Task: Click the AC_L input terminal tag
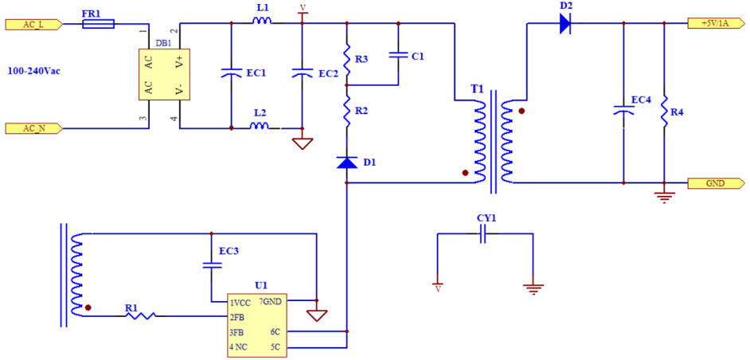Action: coord(32,24)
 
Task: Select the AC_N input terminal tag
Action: coord(32,127)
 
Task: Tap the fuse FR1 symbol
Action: coord(98,24)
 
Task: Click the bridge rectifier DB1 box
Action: coord(159,76)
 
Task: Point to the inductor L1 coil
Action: coord(262,22)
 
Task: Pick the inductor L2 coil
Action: coord(260,126)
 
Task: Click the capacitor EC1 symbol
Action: coord(231,73)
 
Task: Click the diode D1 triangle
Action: coord(347,163)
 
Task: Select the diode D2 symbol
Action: coord(565,24)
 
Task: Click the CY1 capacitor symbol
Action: coord(482,234)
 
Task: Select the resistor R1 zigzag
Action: coord(140,316)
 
